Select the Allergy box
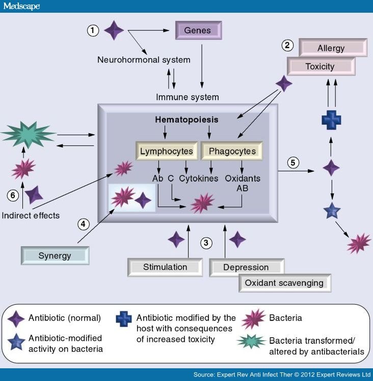click(x=333, y=48)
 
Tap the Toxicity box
click(x=320, y=66)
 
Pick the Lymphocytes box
click(x=166, y=151)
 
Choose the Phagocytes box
click(x=232, y=151)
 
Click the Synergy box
click(x=55, y=255)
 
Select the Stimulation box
click(x=165, y=267)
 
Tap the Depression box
click(x=246, y=267)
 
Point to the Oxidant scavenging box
click(x=284, y=283)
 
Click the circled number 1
click(x=93, y=31)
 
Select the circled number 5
click(x=293, y=163)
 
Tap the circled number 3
click(x=206, y=243)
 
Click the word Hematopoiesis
click(x=186, y=120)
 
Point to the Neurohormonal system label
click(x=144, y=60)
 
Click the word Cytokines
click(x=199, y=179)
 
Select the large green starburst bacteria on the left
click(x=28, y=134)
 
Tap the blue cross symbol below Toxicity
click(x=331, y=120)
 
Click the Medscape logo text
click(x=21, y=6)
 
